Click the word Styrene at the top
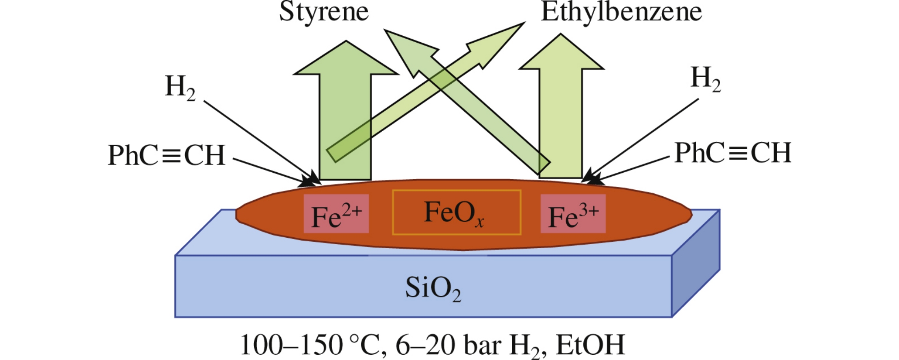click(324, 12)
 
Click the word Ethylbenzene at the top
click(621, 12)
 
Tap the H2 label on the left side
click(180, 87)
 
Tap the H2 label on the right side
click(705, 79)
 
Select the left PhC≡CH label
click(166, 155)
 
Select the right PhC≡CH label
click(733, 153)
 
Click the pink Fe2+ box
click(336, 214)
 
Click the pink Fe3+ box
click(573, 214)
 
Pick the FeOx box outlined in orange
click(456, 213)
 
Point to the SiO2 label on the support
click(433, 288)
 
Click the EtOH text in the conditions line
click(590, 345)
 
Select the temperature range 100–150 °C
click(311, 345)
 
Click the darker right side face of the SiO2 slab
click(695, 264)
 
